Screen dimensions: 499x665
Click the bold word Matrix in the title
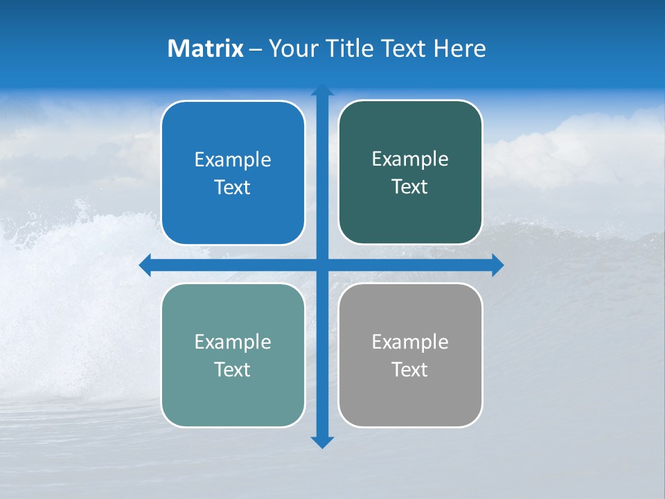coord(205,49)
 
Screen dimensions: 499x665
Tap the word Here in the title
coord(460,49)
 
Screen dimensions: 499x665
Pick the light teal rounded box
coord(233,395)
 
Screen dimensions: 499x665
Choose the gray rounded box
coord(410,395)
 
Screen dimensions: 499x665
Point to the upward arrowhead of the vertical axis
coord(322,91)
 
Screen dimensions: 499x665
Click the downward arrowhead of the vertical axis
coord(322,441)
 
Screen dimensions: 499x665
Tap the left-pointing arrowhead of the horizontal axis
coord(145,265)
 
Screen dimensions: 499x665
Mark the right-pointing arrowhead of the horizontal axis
coord(497,265)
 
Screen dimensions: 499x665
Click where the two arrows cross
coord(322,265)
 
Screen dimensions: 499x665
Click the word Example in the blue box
coord(233,160)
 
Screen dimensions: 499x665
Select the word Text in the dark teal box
coord(410,187)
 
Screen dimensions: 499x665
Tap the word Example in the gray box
coord(410,342)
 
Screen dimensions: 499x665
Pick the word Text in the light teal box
coord(233,369)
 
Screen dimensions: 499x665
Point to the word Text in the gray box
coord(410,369)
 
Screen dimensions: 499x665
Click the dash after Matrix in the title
coord(256,49)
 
